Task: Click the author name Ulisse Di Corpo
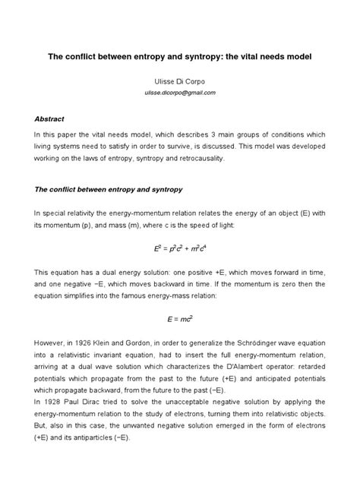click(x=180, y=79)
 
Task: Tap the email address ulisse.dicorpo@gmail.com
click(x=180, y=92)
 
